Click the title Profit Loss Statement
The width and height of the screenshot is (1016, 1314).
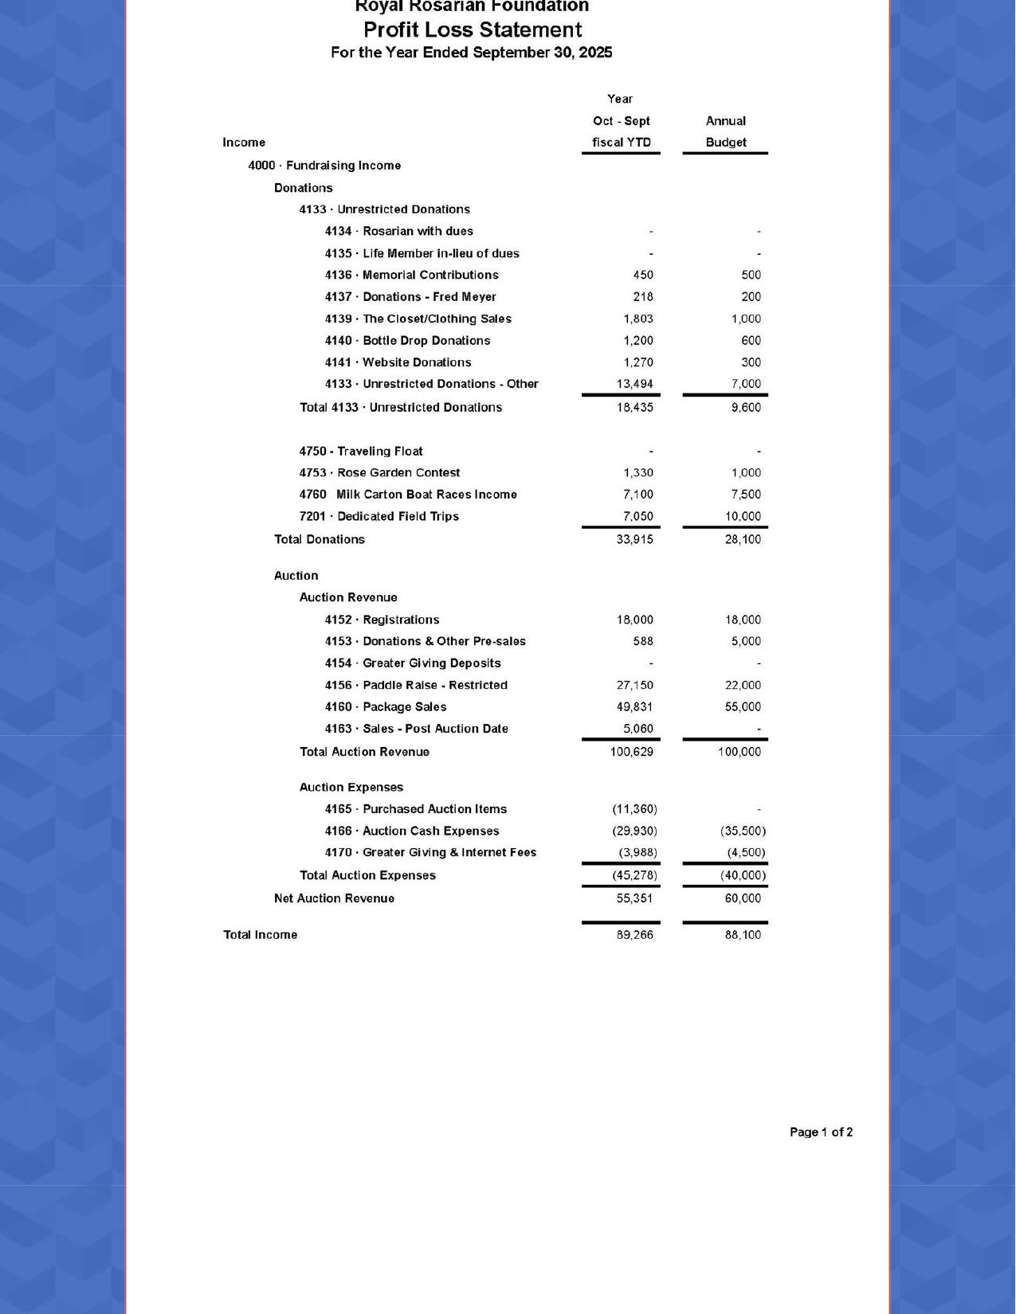coord(473,30)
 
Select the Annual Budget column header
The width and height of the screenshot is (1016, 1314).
coord(725,132)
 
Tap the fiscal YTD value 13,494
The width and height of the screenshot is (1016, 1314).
coord(634,384)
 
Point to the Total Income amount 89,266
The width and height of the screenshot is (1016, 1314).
coord(634,935)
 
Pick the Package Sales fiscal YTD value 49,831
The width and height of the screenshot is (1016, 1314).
coord(634,707)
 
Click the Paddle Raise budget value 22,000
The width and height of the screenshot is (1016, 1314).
coord(743,685)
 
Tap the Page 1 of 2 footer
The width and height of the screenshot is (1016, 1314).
coord(821,1132)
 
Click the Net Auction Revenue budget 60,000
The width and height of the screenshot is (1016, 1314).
coord(743,898)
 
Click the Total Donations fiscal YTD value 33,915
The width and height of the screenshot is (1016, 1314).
coord(634,539)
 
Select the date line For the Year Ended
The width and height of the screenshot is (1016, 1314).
coord(472,53)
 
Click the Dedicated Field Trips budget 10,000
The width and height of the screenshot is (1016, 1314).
coord(743,516)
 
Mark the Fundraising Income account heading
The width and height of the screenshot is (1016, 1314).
coord(324,166)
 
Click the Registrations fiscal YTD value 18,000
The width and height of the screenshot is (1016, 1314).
coord(634,620)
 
